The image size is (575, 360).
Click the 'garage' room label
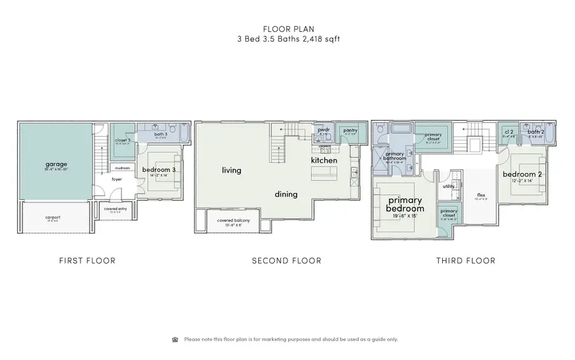click(x=56, y=164)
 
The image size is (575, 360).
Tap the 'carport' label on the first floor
click(x=52, y=217)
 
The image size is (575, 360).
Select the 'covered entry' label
click(x=115, y=209)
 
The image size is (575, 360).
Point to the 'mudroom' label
click(x=121, y=168)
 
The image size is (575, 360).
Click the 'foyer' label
click(x=117, y=180)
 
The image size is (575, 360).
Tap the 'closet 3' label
click(x=124, y=140)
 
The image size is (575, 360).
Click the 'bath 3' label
click(x=161, y=134)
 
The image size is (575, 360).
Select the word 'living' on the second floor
click(x=231, y=170)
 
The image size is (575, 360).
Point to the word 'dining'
click(x=287, y=194)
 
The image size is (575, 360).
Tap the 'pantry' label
click(x=350, y=130)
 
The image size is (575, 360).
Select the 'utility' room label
click(x=449, y=186)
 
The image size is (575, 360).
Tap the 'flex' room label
click(x=482, y=195)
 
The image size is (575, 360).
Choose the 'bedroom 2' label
click(x=522, y=175)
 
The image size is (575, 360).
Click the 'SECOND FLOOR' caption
click(x=286, y=261)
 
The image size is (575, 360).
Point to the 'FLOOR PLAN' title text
click(x=287, y=28)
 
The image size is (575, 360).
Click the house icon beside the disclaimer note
click(x=176, y=340)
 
